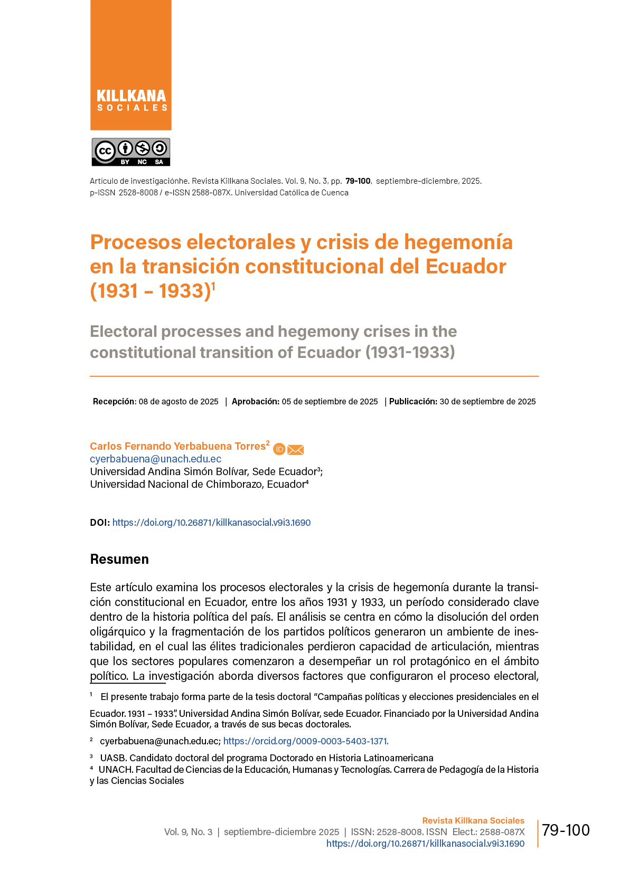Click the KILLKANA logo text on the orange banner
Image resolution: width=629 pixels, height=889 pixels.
pos(131,96)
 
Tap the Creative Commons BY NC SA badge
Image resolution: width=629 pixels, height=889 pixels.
pos(131,152)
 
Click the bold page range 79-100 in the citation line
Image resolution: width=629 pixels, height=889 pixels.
pos(358,181)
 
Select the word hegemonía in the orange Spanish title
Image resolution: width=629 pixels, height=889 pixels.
pos(458,242)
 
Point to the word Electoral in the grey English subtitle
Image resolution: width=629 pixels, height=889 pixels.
pos(124,332)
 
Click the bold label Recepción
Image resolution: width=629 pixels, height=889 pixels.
pos(114,402)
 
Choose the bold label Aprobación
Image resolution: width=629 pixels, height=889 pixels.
pos(255,402)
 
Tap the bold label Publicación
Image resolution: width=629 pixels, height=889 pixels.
pos(413,402)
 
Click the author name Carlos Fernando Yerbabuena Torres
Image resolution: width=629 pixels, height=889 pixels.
pos(177,447)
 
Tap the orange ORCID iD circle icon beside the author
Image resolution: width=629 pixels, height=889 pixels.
pos(279,449)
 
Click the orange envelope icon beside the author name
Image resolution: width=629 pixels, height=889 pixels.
pos(296,450)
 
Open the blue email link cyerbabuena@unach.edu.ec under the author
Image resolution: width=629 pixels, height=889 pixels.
pos(156,459)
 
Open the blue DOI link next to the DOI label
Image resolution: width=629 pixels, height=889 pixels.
pos(211,523)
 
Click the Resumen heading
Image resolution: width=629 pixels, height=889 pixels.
pos(119,560)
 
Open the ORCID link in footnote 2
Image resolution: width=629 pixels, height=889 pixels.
pos(306,741)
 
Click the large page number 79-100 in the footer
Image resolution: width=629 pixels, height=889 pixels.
pos(566,830)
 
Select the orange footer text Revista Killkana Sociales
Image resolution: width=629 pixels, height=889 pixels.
pos(473,821)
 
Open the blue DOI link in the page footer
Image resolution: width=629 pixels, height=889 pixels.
pos(425,844)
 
